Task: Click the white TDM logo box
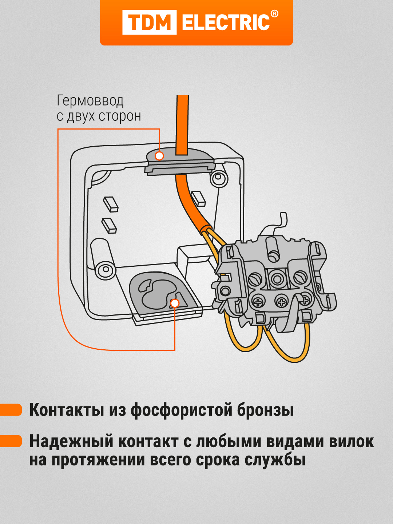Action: click(x=149, y=22)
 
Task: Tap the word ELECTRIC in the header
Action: click(x=226, y=23)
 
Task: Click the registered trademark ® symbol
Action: click(x=275, y=14)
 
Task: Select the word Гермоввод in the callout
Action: click(x=90, y=101)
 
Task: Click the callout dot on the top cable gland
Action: click(x=159, y=156)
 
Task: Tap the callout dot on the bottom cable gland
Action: click(x=175, y=303)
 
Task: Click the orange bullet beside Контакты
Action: click(x=11, y=409)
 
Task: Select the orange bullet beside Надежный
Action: click(x=11, y=441)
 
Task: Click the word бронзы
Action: click(x=265, y=410)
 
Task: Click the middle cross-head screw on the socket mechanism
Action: click(x=281, y=301)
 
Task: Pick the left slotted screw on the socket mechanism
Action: click(x=255, y=279)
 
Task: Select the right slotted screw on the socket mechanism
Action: click(x=300, y=278)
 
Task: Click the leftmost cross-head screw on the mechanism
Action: click(x=258, y=302)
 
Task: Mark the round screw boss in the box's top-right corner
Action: click(x=218, y=178)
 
